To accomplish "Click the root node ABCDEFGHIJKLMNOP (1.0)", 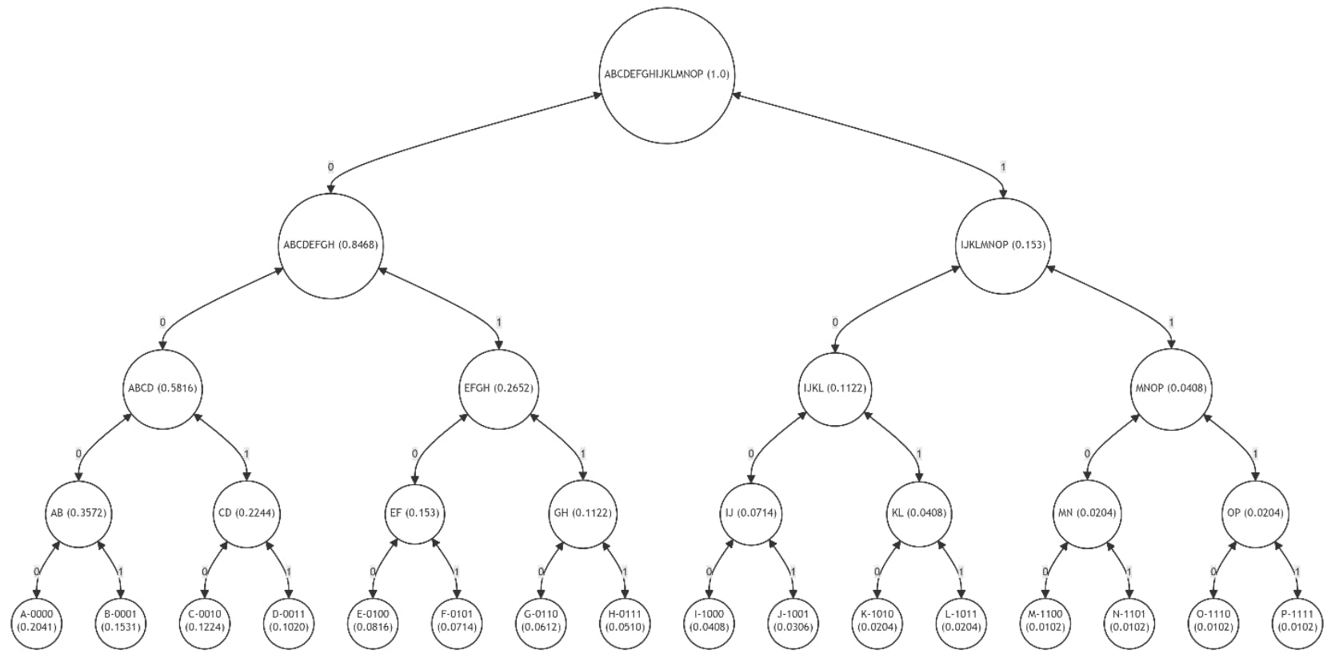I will tap(666, 74).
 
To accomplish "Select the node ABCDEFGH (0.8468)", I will tap(330, 245).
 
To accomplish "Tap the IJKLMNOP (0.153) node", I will tap(1003, 245).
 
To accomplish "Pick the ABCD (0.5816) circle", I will tap(162, 388).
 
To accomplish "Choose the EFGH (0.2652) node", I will tap(498, 388).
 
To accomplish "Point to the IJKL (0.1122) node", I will tap(834, 388).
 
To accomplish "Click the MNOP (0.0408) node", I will tap(1171, 388).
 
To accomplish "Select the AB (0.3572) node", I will tap(78, 513).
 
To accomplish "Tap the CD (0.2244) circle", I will tap(246, 513).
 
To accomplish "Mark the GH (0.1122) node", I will tap(582, 513).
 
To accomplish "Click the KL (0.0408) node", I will tap(919, 513).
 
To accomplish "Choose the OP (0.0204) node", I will tap(1255, 513).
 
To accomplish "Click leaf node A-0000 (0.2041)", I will tap(37, 621).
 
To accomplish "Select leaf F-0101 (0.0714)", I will tap(457, 621).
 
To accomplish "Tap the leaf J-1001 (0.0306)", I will tap(793, 621).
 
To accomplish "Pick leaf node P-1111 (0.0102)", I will tap(1297, 621).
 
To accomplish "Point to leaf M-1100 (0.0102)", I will tap(1045, 621).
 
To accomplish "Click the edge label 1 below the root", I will tap(1003, 167).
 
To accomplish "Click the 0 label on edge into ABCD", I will tap(162, 323).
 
